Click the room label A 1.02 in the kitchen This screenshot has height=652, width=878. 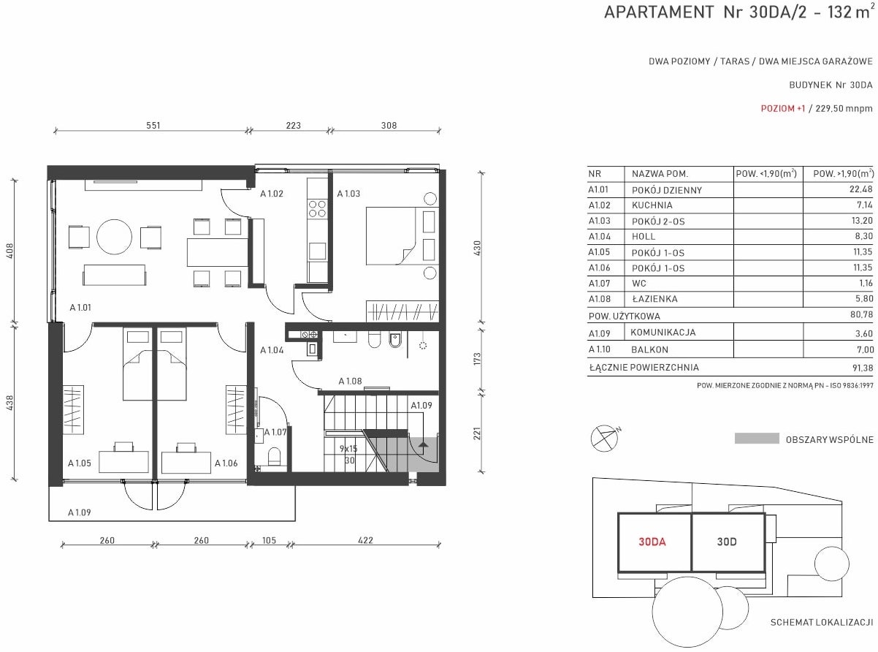pyautogui.click(x=272, y=194)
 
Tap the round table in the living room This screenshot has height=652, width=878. pyautogui.click(x=115, y=237)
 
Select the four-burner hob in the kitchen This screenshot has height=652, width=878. pyautogui.click(x=317, y=209)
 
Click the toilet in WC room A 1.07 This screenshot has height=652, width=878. pyautogui.click(x=275, y=457)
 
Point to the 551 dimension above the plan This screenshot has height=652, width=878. pyautogui.click(x=153, y=126)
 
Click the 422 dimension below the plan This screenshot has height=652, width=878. pyautogui.click(x=365, y=540)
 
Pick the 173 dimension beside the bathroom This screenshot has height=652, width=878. pyautogui.click(x=477, y=359)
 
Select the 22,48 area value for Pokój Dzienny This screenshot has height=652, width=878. pyautogui.click(x=860, y=189)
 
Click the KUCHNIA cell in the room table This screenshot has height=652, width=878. pyautogui.click(x=652, y=205)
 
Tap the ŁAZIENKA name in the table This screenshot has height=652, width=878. pyautogui.click(x=654, y=299)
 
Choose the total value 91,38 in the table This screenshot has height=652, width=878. pyautogui.click(x=863, y=368)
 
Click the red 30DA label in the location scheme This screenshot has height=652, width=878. pyautogui.click(x=652, y=542)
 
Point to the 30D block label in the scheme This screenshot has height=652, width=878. pyautogui.click(x=727, y=542)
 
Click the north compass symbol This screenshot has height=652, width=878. pyautogui.click(x=604, y=439)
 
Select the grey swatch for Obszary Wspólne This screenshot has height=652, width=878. pyautogui.click(x=757, y=438)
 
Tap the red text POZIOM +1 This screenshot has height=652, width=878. pyautogui.click(x=782, y=108)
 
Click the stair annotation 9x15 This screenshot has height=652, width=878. pyautogui.click(x=348, y=449)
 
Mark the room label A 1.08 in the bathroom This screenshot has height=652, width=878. pyautogui.click(x=350, y=382)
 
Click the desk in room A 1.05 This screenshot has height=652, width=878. pyautogui.click(x=123, y=461)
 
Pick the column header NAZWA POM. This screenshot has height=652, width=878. pyautogui.click(x=660, y=173)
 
